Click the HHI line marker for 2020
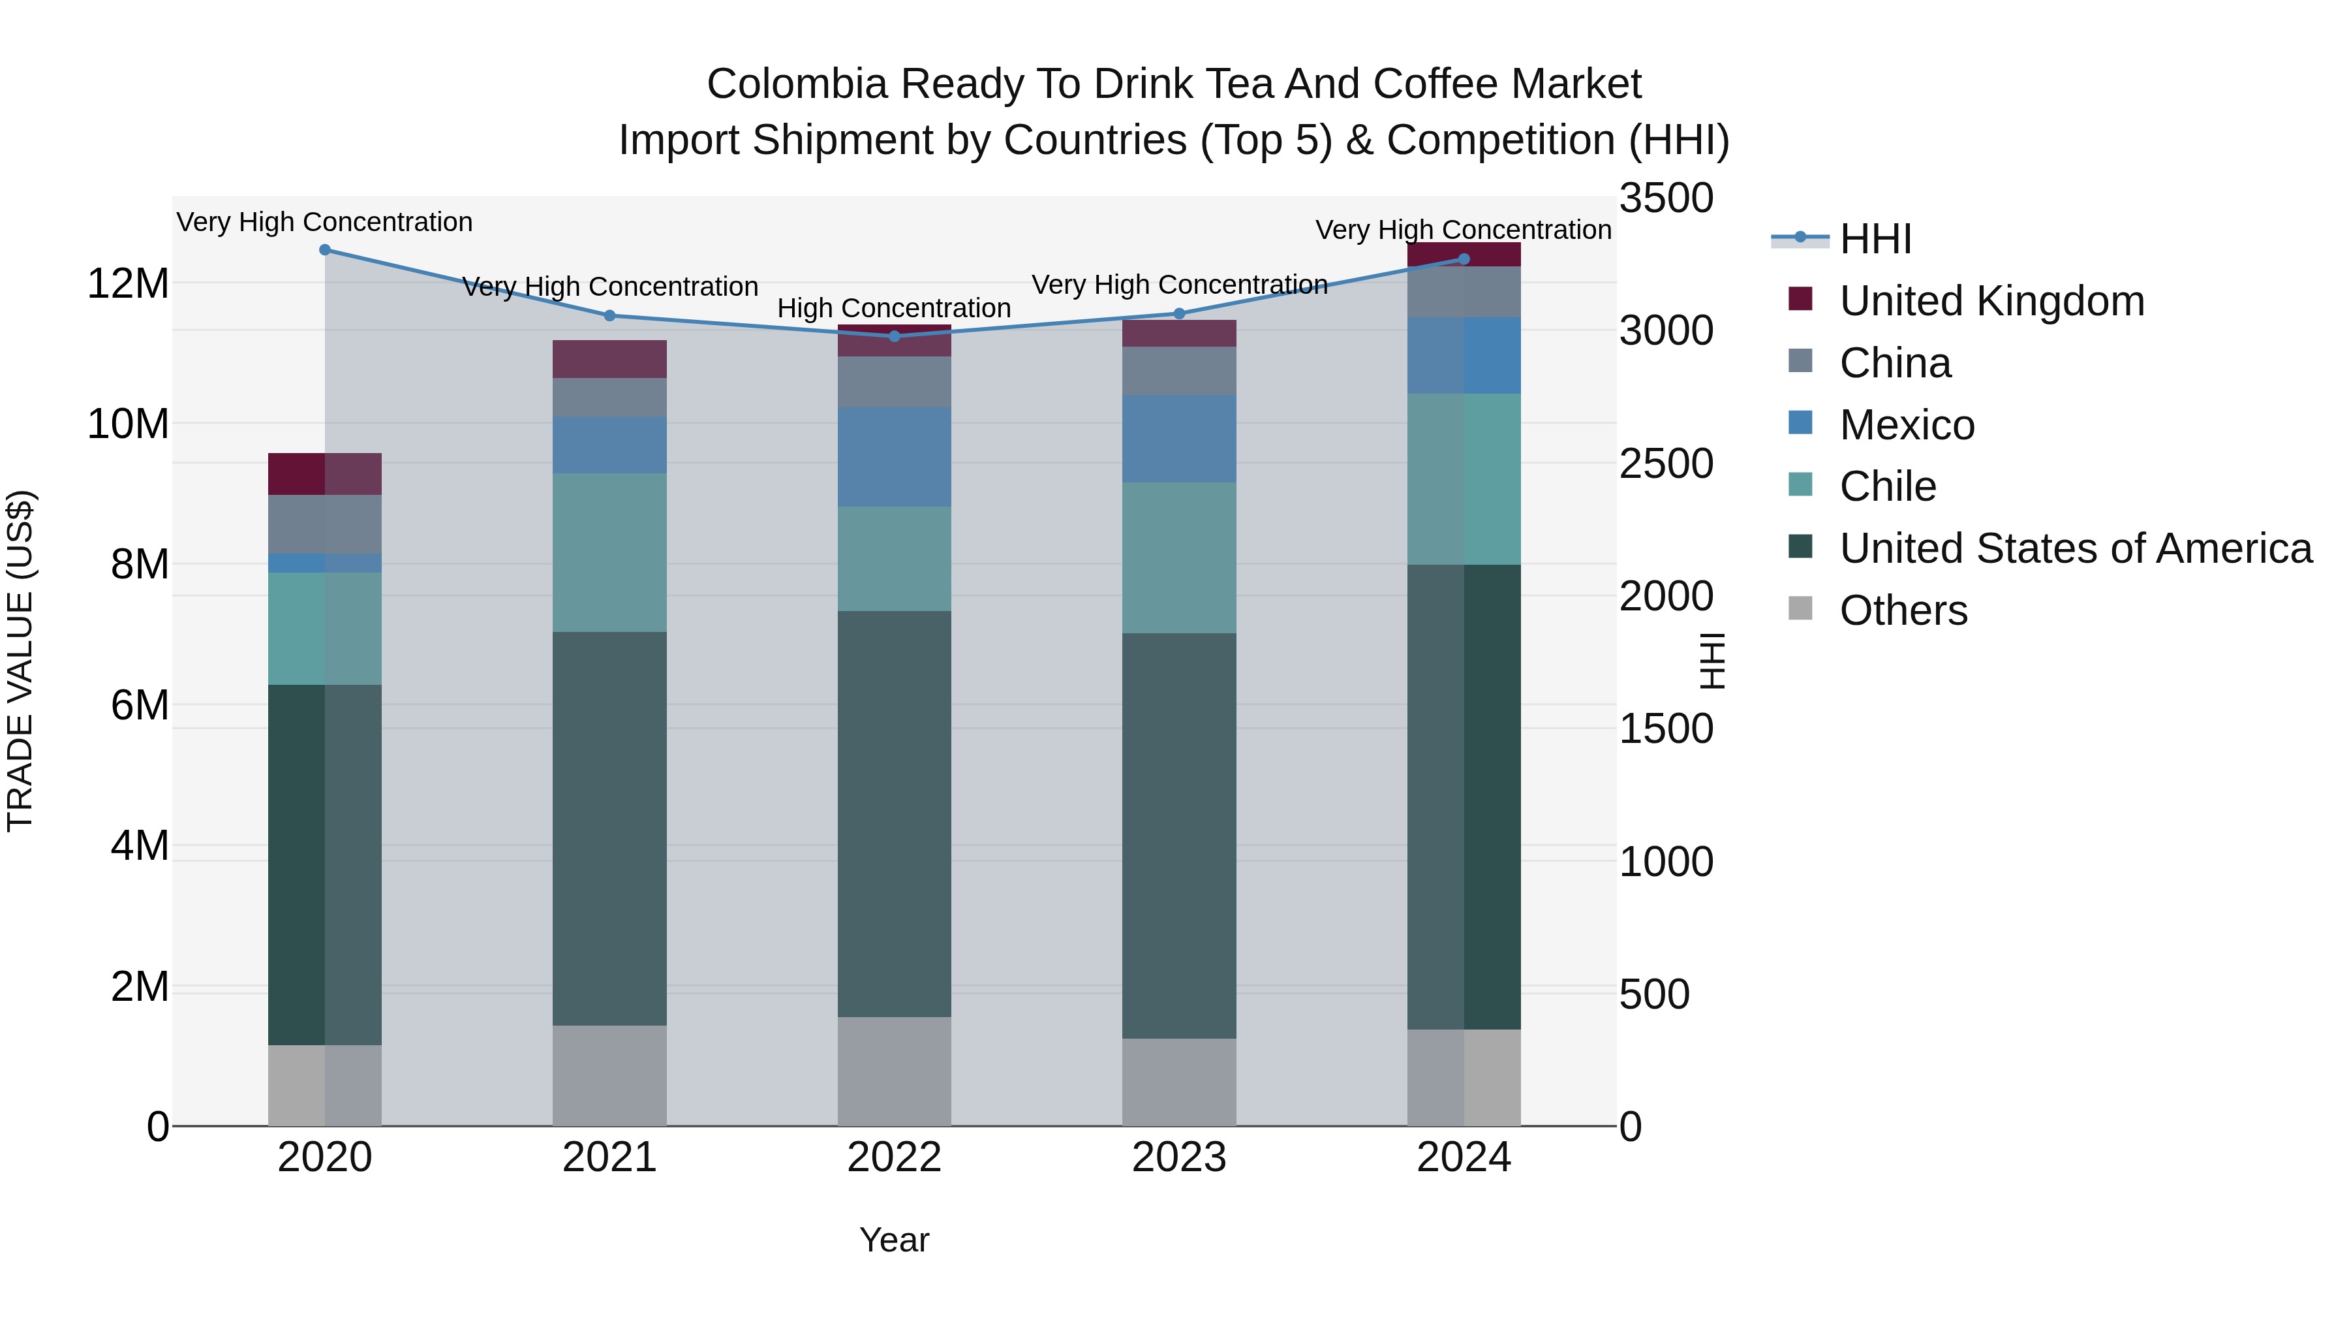point(325,250)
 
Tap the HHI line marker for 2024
point(1464,259)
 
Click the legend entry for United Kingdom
point(1991,301)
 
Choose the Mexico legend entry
point(1907,425)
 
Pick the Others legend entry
point(1903,610)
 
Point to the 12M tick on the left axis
point(128,284)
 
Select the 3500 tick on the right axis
point(1666,199)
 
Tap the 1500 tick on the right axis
point(1666,729)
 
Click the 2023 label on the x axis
point(1179,1157)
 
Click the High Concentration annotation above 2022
point(894,308)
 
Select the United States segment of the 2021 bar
point(609,828)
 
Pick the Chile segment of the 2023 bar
point(1179,558)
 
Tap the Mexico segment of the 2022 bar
point(895,457)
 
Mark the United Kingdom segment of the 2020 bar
point(325,473)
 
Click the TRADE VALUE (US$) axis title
point(20,661)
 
